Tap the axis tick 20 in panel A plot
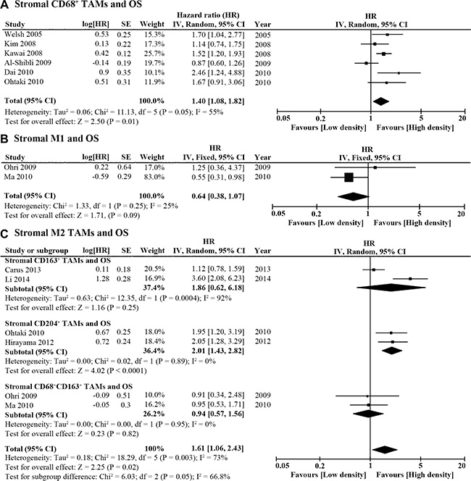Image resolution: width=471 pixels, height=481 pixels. (462, 117)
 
